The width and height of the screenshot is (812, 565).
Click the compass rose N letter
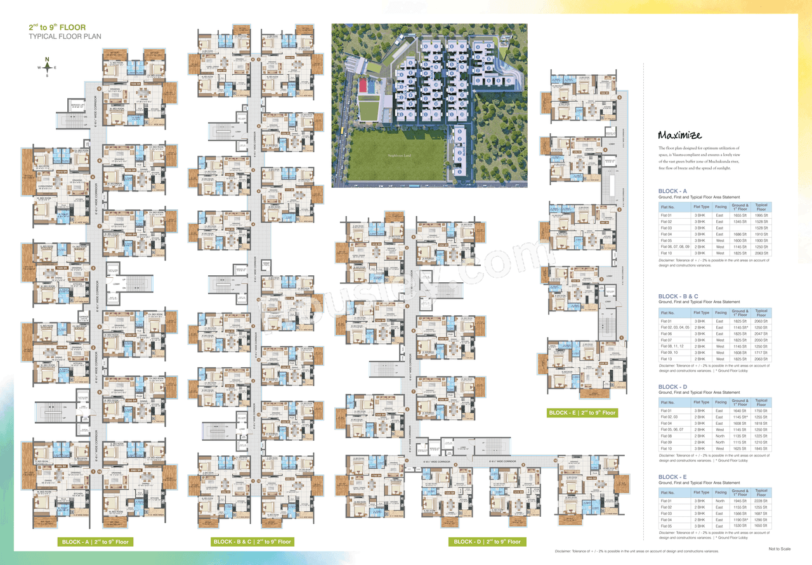point(47,60)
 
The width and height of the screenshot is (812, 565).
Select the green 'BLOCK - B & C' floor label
point(252,542)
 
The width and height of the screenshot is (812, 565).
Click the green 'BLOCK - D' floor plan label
point(487,542)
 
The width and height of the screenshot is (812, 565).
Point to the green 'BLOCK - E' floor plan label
point(582,413)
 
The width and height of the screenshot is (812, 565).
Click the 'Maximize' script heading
point(679,134)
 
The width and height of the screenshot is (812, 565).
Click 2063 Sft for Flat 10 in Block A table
point(761,253)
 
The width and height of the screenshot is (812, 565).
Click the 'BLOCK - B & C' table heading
point(678,296)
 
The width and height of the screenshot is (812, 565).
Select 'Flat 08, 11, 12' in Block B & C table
point(672,346)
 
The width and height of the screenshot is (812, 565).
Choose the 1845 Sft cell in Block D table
point(761,449)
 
